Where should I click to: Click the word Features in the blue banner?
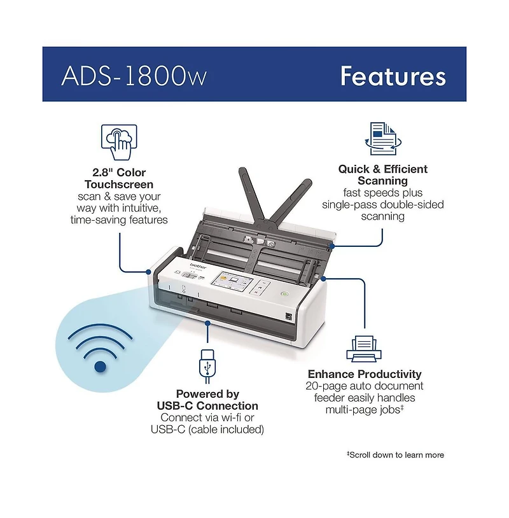(x=393, y=76)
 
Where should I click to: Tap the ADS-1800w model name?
(x=134, y=76)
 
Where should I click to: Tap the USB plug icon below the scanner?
(x=207, y=365)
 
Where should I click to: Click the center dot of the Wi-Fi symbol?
(x=100, y=367)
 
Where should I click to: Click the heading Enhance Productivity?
(x=365, y=374)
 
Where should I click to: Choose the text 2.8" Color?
(x=118, y=172)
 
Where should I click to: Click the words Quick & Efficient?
(x=382, y=169)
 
